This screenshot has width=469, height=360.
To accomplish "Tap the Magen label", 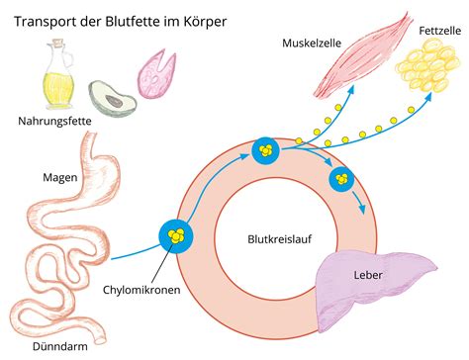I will [59, 178].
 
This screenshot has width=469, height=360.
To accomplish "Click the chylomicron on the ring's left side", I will [175, 236].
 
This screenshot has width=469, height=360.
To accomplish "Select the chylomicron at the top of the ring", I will [265, 150].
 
